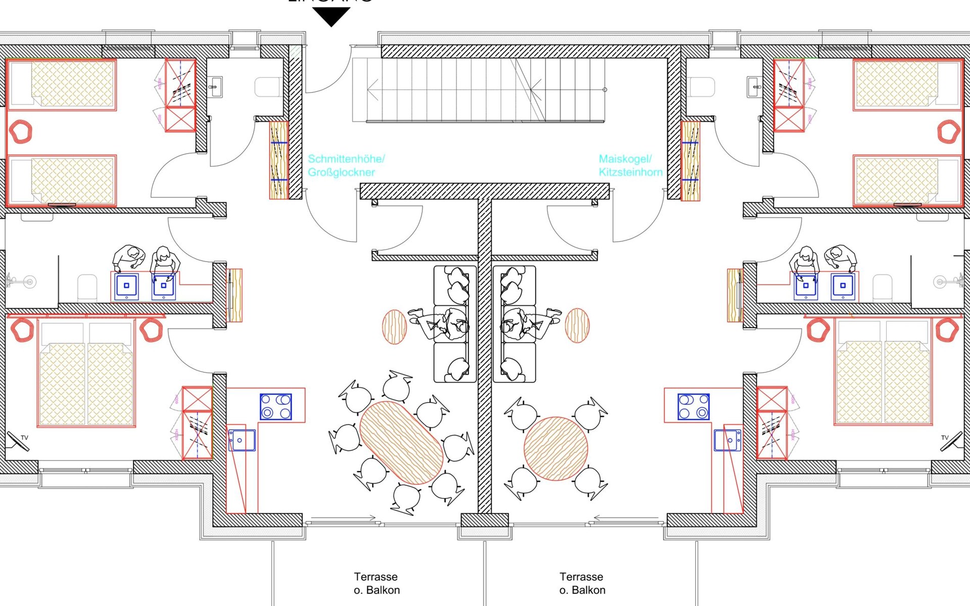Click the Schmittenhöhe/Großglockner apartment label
346,166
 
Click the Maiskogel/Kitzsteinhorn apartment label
630,166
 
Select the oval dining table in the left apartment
402,442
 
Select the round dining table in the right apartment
556,448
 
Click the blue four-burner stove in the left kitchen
276,407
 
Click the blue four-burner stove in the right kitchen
693,407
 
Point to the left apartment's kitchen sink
241,440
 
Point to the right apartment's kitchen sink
727,440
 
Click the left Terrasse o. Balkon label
376,583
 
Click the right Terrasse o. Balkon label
582,583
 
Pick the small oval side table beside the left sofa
394,327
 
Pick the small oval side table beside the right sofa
577,326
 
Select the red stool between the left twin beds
21,132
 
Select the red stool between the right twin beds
948,132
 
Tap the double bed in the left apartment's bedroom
86,376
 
